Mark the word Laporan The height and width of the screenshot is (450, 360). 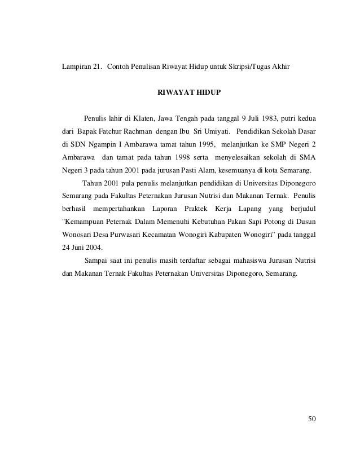[165, 208]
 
